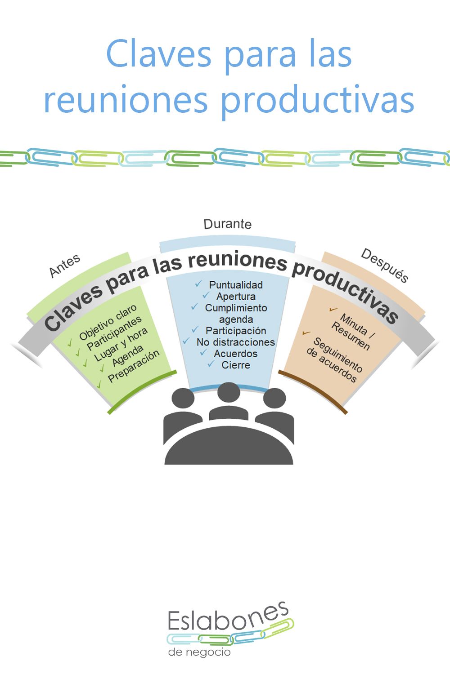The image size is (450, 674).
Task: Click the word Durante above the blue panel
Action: tap(228, 224)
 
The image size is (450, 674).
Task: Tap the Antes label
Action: tap(65, 266)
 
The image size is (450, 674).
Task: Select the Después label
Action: tap(385, 266)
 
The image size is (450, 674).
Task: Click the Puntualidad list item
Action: tap(236, 284)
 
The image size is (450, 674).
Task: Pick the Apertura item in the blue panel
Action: tap(236, 297)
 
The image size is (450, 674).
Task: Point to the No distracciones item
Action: tap(236, 342)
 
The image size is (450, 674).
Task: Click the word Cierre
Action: tap(236, 365)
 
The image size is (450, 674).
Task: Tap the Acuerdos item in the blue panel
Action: tap(236, 354)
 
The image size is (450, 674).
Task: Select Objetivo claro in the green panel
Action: tap(108, 322)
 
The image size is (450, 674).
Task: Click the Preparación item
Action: tap(134, 366)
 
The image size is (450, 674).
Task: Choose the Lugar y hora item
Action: tap(121, 345)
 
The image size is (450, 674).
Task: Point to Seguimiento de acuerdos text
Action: tap(334, 359)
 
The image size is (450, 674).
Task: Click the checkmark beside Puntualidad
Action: tap(198, 284)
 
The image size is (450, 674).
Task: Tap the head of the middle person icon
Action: tap(229, 393)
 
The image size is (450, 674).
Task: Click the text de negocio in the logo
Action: tap(199, 652)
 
